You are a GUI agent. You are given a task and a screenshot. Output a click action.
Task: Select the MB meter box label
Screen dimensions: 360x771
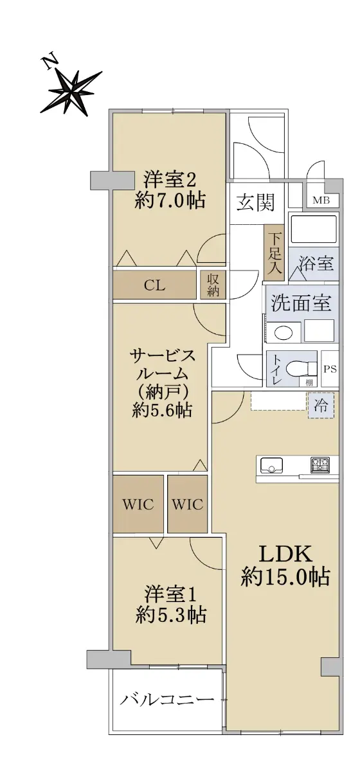[321, 200]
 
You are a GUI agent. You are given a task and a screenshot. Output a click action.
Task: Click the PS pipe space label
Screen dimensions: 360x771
[330, 369]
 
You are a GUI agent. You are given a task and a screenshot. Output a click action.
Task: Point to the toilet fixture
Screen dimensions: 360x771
[303, 368]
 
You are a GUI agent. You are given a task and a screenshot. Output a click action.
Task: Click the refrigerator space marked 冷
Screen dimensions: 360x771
[321, 406]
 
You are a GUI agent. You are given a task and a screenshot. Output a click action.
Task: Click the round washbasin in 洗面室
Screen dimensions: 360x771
[283, 333]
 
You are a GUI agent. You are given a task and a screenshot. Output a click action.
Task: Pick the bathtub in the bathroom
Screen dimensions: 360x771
[314, 229]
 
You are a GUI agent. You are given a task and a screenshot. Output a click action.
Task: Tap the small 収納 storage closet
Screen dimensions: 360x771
[213, 284]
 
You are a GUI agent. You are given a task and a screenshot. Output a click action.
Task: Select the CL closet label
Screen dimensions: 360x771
[154, 285]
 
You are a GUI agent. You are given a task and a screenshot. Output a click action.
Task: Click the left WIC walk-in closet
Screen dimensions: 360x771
[138, 504]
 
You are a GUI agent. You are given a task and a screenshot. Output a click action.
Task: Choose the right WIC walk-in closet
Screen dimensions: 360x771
[188, 504]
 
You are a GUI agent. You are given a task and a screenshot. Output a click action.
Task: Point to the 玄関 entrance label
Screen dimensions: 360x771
[256, 202]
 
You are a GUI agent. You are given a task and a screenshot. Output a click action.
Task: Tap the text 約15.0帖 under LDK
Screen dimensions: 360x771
[285, 577]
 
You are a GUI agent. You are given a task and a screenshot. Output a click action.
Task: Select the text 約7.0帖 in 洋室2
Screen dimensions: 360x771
[170, 200]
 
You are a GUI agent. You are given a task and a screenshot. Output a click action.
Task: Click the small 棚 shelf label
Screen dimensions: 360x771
[309, 382]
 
